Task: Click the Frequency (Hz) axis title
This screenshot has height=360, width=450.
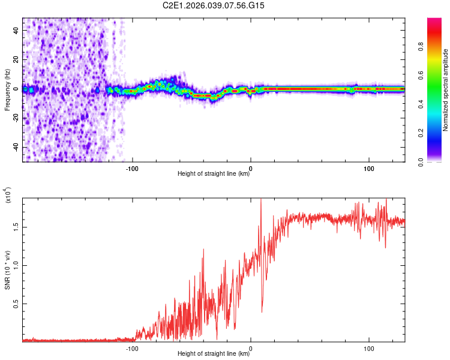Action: click(8, 90)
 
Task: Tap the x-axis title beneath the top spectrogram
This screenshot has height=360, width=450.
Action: click(214, 175)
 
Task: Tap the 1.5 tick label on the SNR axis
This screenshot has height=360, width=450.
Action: click(17, 226)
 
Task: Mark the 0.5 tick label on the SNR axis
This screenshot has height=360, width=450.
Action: click(17, 304)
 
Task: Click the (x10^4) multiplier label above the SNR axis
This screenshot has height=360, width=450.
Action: click(8, 196)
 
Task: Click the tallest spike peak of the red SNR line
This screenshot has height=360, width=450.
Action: click(260, 199)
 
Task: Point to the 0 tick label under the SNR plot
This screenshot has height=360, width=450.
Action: click(250, 348)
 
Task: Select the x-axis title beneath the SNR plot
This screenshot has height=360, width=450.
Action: click(214, 355)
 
